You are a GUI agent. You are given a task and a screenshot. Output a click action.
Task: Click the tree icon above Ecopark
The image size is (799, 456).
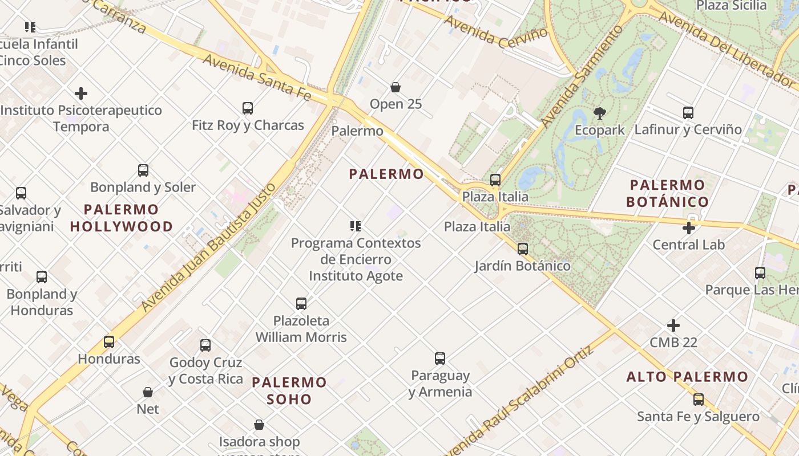pos(599,113)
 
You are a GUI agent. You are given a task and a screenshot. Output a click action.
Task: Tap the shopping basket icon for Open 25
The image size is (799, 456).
pos(395,87)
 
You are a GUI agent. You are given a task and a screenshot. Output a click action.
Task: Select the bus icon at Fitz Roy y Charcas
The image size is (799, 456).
pos(247,108)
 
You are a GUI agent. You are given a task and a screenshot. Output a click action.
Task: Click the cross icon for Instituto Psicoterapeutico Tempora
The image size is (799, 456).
pos(81,93)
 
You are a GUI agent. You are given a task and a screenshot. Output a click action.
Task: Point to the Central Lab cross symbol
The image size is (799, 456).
pos(689,228)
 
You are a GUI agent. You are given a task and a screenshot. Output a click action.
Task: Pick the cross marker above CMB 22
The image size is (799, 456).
pos(673,325)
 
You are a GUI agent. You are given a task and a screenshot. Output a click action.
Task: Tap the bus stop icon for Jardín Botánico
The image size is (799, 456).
pos(522,249)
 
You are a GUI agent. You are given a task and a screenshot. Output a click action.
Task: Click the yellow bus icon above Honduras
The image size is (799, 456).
pos(108,342)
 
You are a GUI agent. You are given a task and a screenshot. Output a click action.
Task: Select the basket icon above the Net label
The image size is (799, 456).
pos(147,392)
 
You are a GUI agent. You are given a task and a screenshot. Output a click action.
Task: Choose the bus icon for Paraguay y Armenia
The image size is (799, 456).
pos(439,359)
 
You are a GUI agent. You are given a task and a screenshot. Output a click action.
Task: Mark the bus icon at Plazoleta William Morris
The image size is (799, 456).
pos(301,303)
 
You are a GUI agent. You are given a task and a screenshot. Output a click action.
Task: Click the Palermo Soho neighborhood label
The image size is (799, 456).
pos(289,390)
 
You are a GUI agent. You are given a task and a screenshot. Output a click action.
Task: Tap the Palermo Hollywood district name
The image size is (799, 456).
pos(121,218)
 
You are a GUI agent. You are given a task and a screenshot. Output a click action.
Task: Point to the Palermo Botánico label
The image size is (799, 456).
pos(667,193)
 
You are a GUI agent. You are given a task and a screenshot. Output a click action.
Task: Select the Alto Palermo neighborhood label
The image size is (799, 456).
pos(687,377)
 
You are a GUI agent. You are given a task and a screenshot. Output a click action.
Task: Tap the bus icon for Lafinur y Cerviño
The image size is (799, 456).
pos(688,113)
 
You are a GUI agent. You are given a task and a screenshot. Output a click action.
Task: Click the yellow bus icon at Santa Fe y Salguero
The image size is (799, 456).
pos(698,400)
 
